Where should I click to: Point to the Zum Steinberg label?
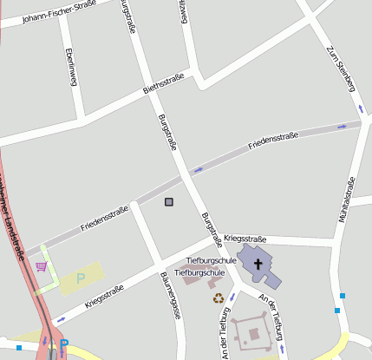341,68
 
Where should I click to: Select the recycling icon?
219,298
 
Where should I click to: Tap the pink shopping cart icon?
41,266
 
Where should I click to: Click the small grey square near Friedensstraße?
168,202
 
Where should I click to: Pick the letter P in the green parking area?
82,278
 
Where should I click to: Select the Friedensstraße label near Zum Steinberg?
273,140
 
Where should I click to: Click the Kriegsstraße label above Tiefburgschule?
245,238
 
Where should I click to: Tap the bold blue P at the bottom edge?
63,344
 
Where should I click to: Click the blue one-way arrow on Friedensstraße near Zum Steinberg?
341,127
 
